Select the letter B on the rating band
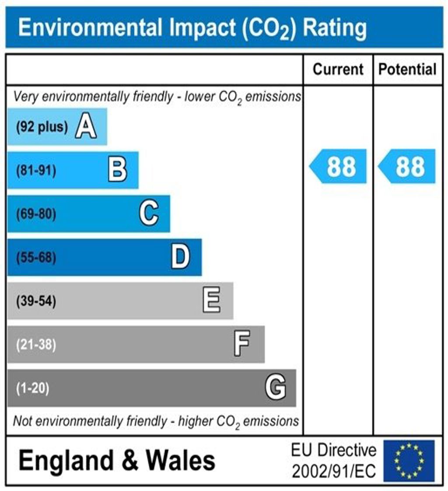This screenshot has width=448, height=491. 117,170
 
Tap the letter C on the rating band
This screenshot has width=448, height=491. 149,214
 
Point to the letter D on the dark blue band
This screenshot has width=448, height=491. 180,257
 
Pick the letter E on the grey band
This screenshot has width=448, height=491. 212,301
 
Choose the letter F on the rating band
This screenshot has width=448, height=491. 242,344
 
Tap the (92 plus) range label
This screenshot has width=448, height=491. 42,127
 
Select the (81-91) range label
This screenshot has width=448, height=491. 36,171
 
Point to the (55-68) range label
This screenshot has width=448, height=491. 36,258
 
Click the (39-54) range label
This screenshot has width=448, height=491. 36,301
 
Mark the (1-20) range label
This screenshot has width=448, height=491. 33,388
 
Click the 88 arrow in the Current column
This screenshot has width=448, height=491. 339,166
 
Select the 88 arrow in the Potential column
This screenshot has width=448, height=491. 408,166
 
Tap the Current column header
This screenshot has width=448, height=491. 338,69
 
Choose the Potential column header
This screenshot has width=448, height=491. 407,69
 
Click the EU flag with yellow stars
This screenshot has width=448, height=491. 409,461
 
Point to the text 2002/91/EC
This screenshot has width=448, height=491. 333,471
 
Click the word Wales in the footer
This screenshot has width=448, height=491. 180,460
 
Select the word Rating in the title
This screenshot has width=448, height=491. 335,28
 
